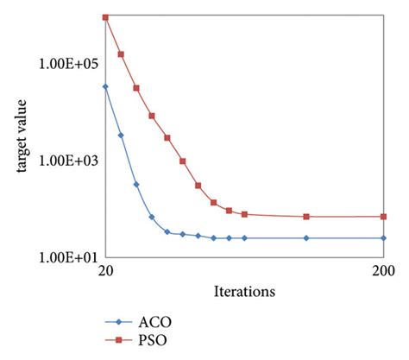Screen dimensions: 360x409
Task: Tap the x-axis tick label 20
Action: click(x=105, y=271)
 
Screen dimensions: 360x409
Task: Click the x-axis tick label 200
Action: click(x=383, y=271)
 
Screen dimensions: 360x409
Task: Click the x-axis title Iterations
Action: click(x=244, y=292)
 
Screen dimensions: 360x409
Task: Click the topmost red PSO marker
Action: click(x=105, y=17)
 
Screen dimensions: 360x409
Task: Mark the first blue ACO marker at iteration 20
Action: click(x=105, y=86)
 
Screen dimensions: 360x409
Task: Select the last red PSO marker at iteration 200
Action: click(x=383, y=217)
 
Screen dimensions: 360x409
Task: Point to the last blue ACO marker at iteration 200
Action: click(x=383, y=238)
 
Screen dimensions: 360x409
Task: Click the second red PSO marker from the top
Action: click(x=121, y=54)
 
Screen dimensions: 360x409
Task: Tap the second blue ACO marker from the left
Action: click(x=121, y=136)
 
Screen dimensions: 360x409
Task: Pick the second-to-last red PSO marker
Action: click(x=306, y=217)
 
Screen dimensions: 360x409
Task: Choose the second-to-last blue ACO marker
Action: click(x=306, y=238)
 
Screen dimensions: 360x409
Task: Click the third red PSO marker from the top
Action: click(x=136, y=88)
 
